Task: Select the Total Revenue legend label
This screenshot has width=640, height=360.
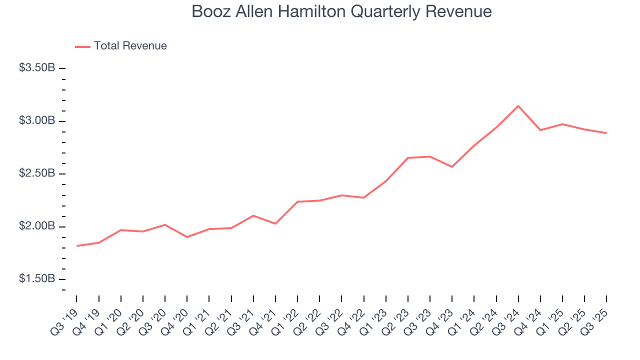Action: (x=130, y=46)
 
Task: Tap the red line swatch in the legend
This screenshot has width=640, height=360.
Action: (x=82, y=46)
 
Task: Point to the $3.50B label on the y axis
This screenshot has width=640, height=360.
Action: (x=37, y=67)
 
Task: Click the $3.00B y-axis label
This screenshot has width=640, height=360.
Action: (x=37, y=120)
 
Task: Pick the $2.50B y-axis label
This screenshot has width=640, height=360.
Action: (x=37, y=173)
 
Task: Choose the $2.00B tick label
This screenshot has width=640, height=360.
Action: (x=37, y=226)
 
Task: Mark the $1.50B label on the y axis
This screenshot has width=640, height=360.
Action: (x=37, y=279)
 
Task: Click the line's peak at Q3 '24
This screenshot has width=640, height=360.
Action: (x=518, y=106)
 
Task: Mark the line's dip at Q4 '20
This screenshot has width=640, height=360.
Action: (x=187, y=237)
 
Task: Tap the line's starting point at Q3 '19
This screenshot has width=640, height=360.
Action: (x=77, y=246)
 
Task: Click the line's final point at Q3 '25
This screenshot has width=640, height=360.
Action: (x=606, y=133)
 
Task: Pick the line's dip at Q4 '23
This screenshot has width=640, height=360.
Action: (x=452, y=166)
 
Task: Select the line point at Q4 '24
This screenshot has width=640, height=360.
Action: (x=540, y=130)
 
